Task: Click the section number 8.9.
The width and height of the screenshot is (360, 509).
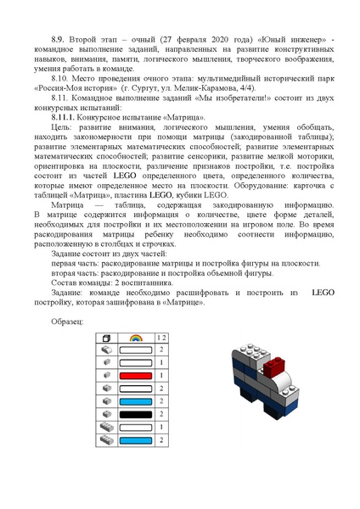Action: click(x=59, y=40)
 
